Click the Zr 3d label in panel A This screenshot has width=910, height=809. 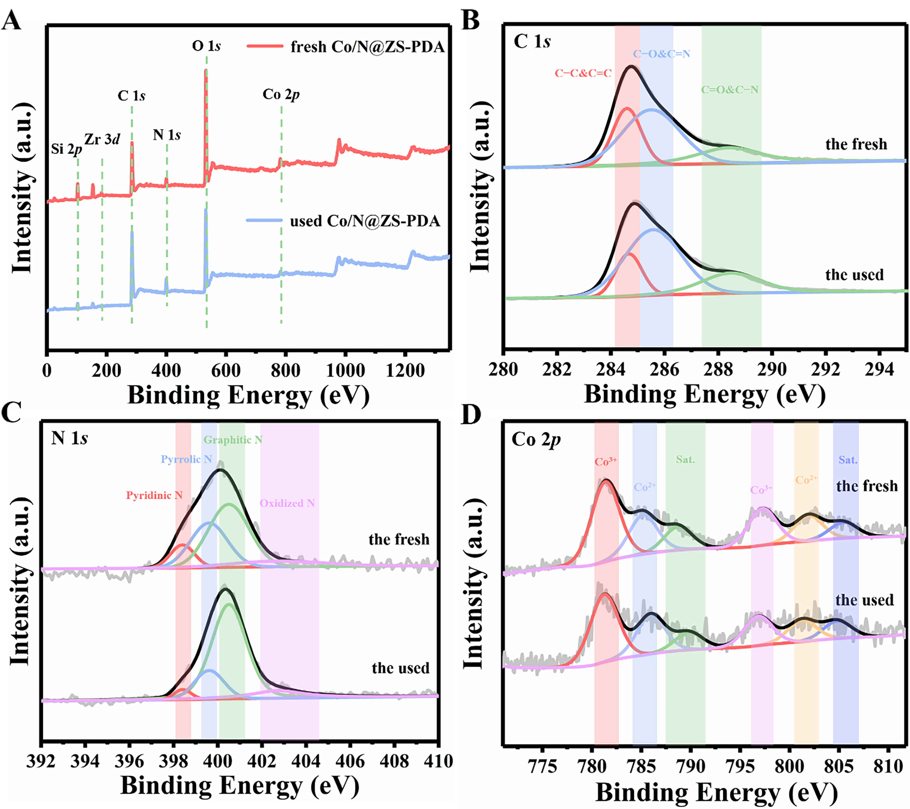(102, 139)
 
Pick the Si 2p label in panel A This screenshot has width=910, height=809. (66, 149)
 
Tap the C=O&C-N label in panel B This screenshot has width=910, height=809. (730, 89)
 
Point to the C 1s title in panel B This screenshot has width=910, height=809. (532, 41)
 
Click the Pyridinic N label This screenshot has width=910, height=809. (154, 495)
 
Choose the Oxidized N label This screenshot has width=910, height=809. (287, 503)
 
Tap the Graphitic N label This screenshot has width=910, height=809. (233, 440)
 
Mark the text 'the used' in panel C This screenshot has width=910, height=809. (400, 668)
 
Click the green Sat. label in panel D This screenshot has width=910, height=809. (685, 460)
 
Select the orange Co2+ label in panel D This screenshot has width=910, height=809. (806, 480)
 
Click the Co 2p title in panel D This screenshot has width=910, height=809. (536, 440)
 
